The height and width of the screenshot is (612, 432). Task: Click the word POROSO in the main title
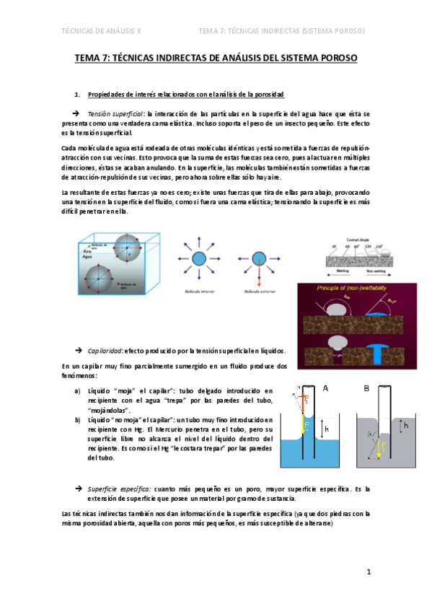coord(332,58)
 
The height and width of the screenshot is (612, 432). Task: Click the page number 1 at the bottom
coord(368,572)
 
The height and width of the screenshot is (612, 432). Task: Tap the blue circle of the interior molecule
coord(198,259)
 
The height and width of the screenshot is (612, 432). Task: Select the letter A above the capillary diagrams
coord(325,388)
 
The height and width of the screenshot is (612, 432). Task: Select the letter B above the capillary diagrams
coord(366,388)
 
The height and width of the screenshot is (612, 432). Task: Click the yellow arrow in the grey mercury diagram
coord(374,447)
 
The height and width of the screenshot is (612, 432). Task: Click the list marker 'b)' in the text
coord(77,419)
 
